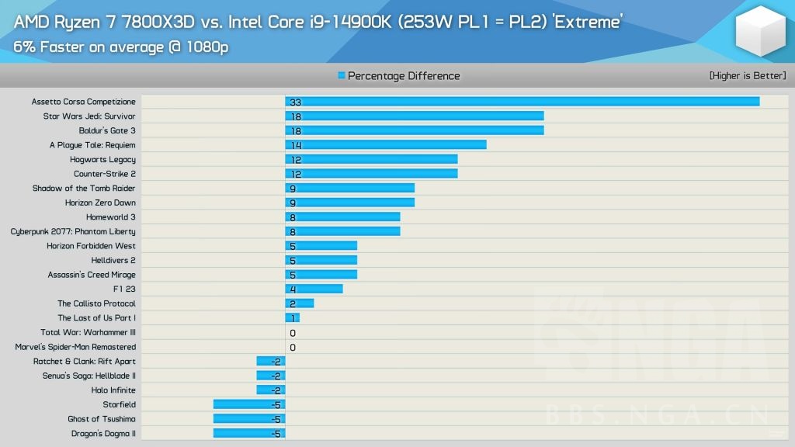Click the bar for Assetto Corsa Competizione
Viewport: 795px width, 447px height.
click(x=522, y=102)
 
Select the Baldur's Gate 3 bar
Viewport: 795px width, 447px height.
click(x=414, y=130)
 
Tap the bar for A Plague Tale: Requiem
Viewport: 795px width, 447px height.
click(x=385, y=144)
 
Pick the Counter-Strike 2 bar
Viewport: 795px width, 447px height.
click(x=371, y=174)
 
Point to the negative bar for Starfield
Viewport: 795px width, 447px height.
click(x=248, y=404)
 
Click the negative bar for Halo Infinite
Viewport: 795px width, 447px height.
click(x=270, y=390)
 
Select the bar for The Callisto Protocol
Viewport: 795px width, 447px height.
click(x=300, y=303)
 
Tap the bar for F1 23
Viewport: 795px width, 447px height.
click(x=314, y=289)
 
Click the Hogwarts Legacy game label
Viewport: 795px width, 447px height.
click(x=102, y=160)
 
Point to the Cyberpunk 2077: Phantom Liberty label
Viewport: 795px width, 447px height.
click(x=73, y=231)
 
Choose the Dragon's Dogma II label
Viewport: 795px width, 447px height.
click(x=103, y=434)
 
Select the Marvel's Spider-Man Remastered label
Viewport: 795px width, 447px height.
click(x=75, y=347)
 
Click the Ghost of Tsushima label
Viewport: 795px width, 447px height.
click(x=102, y=419)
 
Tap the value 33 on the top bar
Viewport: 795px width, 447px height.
click(x=295, y=102)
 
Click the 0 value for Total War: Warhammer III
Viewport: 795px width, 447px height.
click(x=293, y=333)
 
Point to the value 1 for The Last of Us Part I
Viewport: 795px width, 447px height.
click(x=292, y=318)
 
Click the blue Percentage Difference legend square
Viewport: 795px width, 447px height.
click(x=342, y=76)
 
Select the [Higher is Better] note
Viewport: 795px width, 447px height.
click(x=747, y=76)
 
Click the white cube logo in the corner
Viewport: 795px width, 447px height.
click(x=761, y=31)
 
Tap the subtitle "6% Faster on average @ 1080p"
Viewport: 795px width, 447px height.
click(x=120, y=47)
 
